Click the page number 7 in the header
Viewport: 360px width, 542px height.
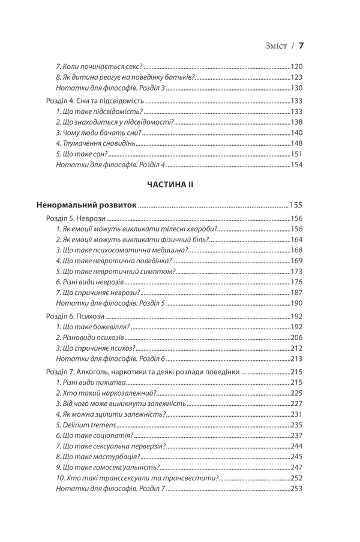pyautogui.click(x=302, y=45)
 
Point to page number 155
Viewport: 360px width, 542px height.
pyautogui.click(x=296, y=205)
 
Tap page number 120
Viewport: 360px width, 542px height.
pyautogui.click(x=297, y=67)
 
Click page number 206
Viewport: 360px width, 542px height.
pyautogui.click(x=297, y=338)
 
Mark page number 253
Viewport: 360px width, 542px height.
pyautogui.click(x=297, y=489)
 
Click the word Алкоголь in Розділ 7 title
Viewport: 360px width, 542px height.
pyautogui.click(x=102, y=372)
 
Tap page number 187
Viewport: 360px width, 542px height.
pyautogui.click(x=297, y=293)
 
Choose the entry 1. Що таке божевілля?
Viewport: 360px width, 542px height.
pyautogui.click(x=92, y=327)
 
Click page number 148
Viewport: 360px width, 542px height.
pyautogui.click(x=297, y=144)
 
